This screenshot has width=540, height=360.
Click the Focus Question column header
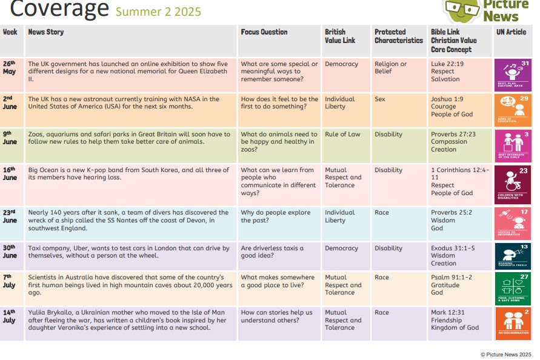[264, 32]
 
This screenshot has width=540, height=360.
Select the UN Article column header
[511, 32]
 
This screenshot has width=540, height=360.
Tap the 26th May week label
[9, 67]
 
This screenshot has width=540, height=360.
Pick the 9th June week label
[9, 138]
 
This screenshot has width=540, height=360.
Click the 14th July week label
[9, 316]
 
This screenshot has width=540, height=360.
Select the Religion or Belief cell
[391, 67]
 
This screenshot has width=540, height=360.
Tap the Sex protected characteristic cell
[380, 99]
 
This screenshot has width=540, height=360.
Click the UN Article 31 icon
[512, 74]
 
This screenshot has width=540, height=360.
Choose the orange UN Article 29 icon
[512, 110]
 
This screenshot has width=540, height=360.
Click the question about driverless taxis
[272, 252]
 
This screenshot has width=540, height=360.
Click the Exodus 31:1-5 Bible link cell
[452, 256]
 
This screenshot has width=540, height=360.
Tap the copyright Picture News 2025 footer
[505, 354]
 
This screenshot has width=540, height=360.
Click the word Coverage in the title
[59, 9]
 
